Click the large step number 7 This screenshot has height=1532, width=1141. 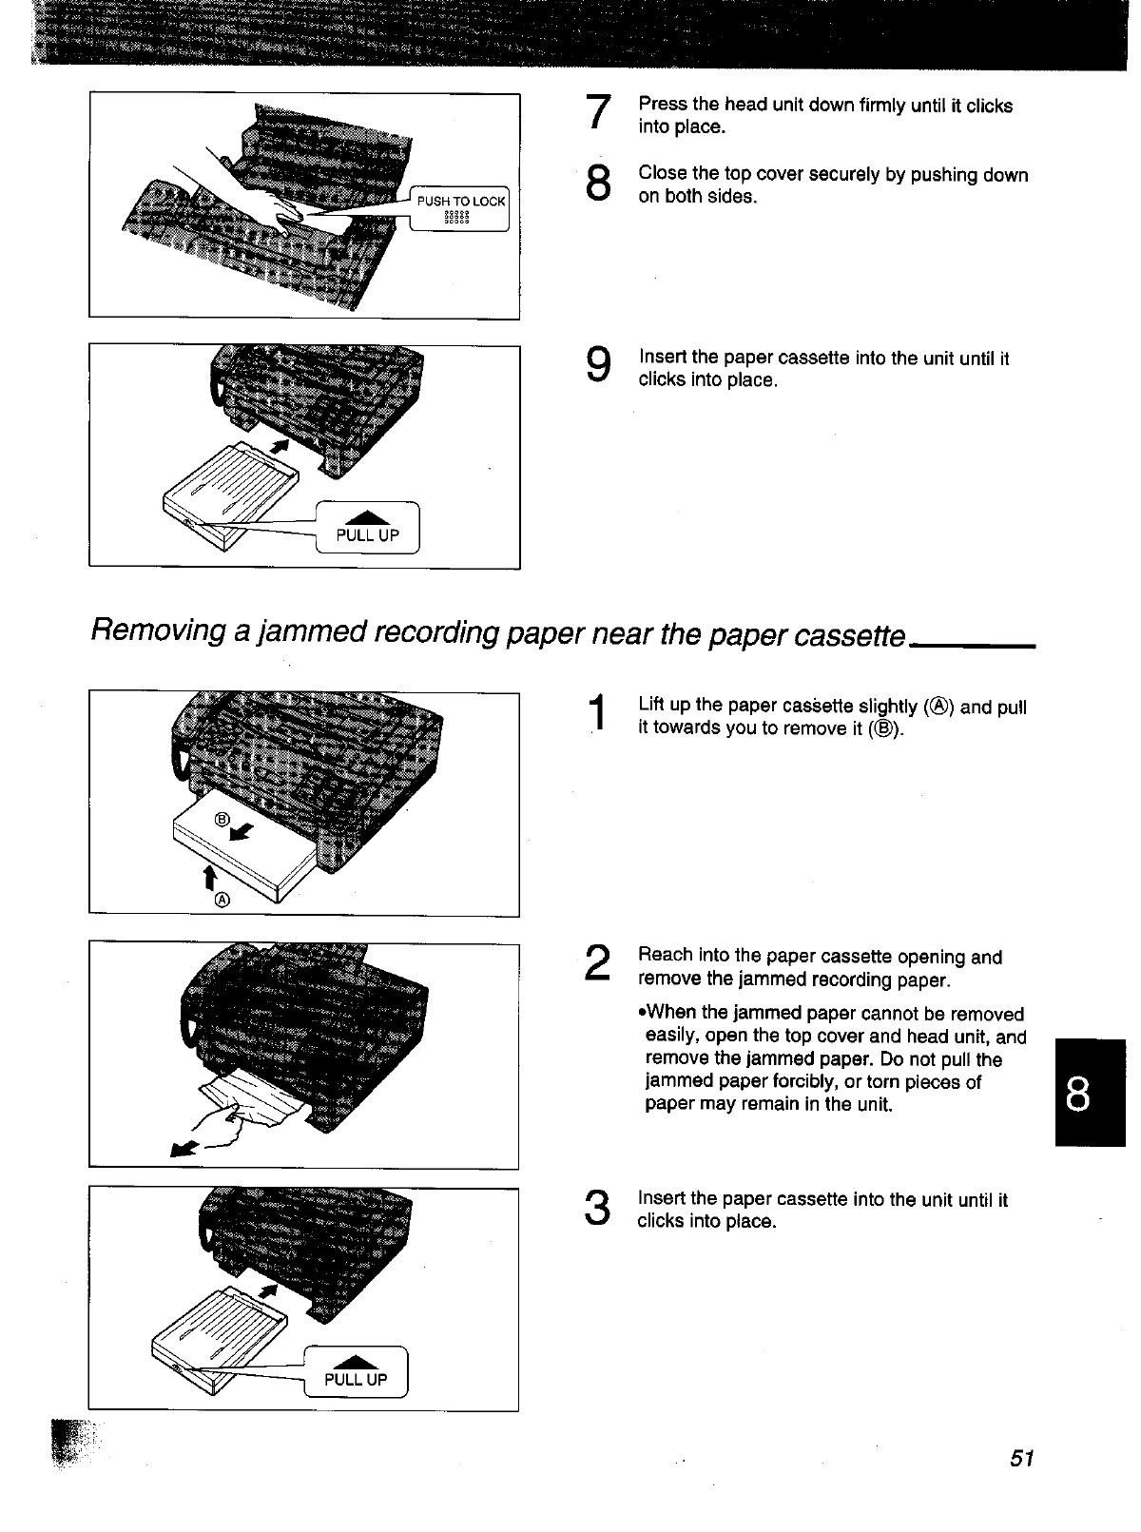point(597,112)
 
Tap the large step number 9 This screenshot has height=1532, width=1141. point(598,365)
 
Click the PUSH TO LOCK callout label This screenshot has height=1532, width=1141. point(461,202)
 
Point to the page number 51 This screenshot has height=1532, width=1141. point(1021,1459)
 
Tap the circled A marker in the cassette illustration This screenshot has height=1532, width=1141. point(222,900)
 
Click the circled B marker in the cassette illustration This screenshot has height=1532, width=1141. point(222,820)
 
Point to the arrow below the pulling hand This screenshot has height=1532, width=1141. point(183,1150)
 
